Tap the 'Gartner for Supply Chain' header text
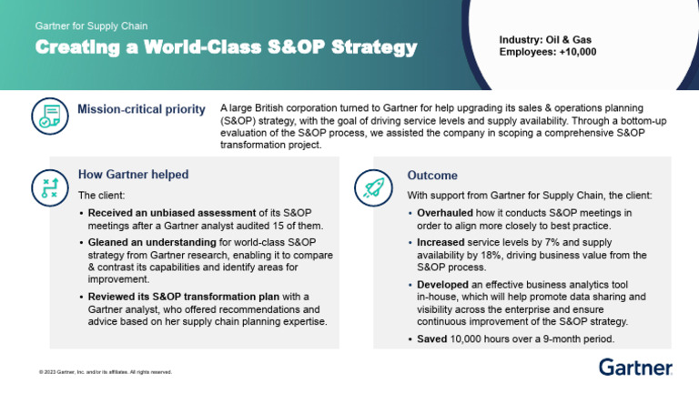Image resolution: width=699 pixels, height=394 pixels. point(91,26)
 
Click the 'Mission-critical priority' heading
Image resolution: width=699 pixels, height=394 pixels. point(140,110)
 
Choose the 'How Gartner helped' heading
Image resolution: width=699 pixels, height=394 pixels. point(133,175)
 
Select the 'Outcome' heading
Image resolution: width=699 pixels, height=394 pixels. point(432,175)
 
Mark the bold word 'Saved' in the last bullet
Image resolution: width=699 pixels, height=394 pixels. point(431,338)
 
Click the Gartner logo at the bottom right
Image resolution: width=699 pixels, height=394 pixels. point(635,367)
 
